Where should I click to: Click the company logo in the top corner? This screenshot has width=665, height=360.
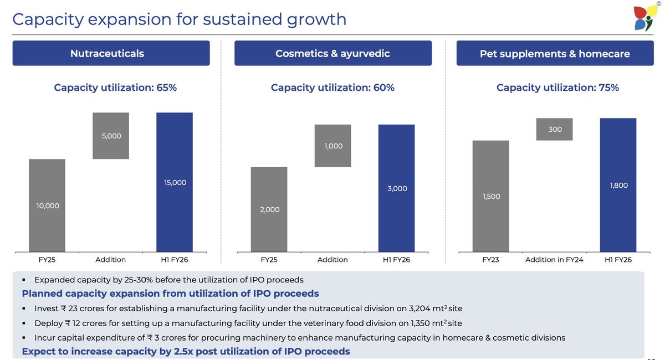646,18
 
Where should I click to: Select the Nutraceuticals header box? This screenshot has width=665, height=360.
111,53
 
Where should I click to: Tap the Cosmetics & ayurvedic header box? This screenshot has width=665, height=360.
332,53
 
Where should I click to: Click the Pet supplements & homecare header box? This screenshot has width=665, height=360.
555,54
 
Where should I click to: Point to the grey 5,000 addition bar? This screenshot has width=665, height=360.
111,136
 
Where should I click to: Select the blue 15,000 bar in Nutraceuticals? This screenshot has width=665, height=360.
175,182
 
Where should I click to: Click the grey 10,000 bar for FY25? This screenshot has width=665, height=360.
47,205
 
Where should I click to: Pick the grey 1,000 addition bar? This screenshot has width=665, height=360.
332,146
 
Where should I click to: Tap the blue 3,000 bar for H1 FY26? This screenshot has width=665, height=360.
396,188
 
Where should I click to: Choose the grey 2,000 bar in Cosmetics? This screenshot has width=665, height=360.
269,209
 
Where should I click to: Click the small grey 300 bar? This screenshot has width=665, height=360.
554,129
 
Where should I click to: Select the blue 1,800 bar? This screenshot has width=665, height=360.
618,185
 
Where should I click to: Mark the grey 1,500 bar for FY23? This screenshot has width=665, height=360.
490,196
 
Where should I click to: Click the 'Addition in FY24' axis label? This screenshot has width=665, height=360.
554,260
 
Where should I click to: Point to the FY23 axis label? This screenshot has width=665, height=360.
490,260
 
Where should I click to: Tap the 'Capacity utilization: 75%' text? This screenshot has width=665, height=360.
557,88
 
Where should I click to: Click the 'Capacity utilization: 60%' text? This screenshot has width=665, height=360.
332,88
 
